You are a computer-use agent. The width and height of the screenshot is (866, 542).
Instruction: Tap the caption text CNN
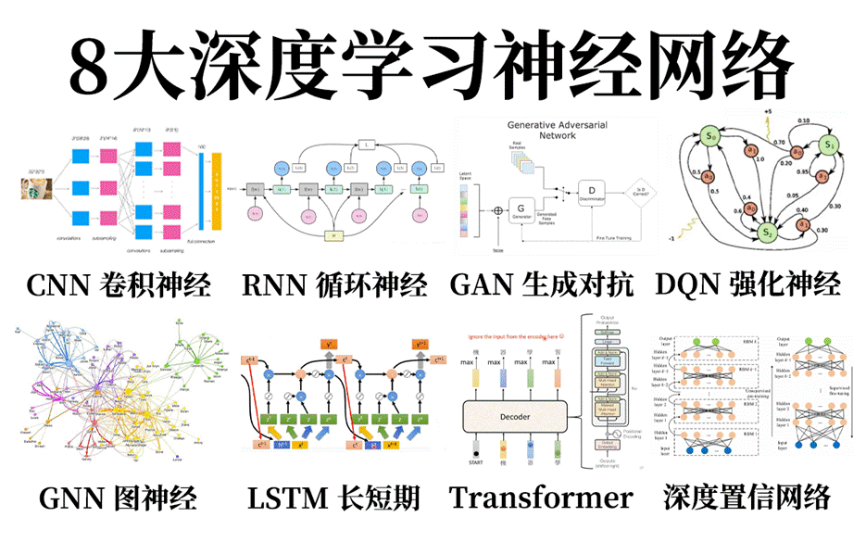point(61,284)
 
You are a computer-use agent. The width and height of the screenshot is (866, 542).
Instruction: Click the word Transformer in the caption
point(541,498)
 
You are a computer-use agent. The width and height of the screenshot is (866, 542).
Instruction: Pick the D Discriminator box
point(592,191)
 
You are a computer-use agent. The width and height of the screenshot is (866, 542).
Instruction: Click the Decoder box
point(514,417)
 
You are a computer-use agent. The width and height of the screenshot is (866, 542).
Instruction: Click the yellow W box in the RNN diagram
point(335,235)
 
